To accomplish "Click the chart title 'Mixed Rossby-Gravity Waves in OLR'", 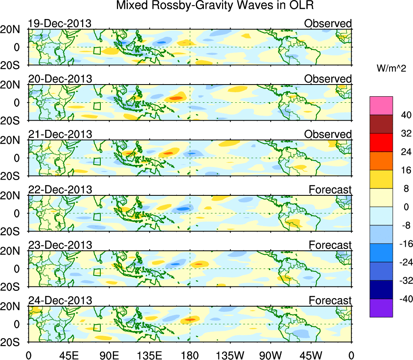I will (215, 6).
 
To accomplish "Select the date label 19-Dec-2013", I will (60, 23).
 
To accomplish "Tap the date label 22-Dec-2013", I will (60, 189).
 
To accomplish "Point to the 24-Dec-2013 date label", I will (60, 300).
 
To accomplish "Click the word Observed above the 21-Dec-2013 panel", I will (328, 134).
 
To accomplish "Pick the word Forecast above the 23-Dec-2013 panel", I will (330, 245).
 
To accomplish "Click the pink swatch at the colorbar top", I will (381, 106).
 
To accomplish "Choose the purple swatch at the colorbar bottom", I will (381, 308).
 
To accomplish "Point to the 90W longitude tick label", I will (271, 355).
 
